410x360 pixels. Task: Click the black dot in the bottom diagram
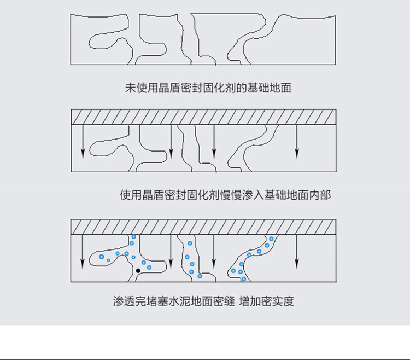[138, 271]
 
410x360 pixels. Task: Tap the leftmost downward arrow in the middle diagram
[83, 142]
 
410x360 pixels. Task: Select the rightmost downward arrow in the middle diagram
[297, 142]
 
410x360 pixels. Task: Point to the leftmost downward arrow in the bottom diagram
[83, 252]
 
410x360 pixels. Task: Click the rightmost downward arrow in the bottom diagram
[297, 252]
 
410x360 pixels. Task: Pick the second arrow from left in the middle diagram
[171, 142]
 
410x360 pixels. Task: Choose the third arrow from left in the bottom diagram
[214, 252]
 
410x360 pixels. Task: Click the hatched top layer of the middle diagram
[204, 117]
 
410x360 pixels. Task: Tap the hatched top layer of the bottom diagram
[203, 227]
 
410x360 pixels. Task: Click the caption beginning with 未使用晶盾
[208, 88]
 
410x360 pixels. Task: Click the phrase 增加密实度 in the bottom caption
[266, 301]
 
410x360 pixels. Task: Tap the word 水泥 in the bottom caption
[180, 301]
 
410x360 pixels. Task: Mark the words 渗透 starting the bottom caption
[124, 301]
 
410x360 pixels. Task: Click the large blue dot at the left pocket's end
[102, 257]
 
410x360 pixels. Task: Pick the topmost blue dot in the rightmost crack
[271, 239]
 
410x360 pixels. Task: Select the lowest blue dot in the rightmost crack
[244, 279]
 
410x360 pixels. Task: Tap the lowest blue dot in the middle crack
[200, 276]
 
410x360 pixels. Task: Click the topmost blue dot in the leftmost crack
[133, 237]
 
